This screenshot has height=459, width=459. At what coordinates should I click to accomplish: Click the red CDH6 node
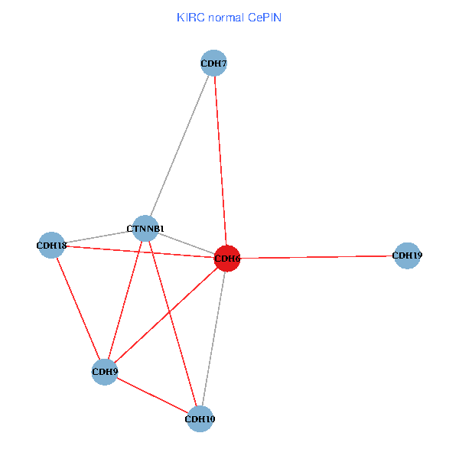[x=227, y=259]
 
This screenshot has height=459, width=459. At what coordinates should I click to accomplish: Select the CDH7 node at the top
[x=214, y=63]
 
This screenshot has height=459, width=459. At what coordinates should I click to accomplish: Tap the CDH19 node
[x=407, y=256]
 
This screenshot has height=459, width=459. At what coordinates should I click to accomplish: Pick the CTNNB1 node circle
[x=145, y=228]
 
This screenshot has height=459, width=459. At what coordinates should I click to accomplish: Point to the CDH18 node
[x=51, y=246]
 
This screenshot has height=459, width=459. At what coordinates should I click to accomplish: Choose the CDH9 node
[x=105, y=372]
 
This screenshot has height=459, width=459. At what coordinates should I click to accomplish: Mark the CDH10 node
[x=200, y=418]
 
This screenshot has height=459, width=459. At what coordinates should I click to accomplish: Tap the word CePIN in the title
[x=265, y=17]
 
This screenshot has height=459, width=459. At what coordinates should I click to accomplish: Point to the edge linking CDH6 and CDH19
[x=317, y=257]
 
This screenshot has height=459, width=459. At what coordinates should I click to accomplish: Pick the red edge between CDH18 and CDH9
[x=78, y=308]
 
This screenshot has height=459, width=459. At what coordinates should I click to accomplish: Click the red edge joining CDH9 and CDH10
[x=152, y=395]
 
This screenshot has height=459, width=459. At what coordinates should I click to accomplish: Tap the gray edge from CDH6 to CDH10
[x=213, y=338]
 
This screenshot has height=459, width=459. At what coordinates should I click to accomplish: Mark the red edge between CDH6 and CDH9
[x=166, y=315]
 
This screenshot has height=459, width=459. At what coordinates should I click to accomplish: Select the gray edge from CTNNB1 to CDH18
[x=98, y=237]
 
